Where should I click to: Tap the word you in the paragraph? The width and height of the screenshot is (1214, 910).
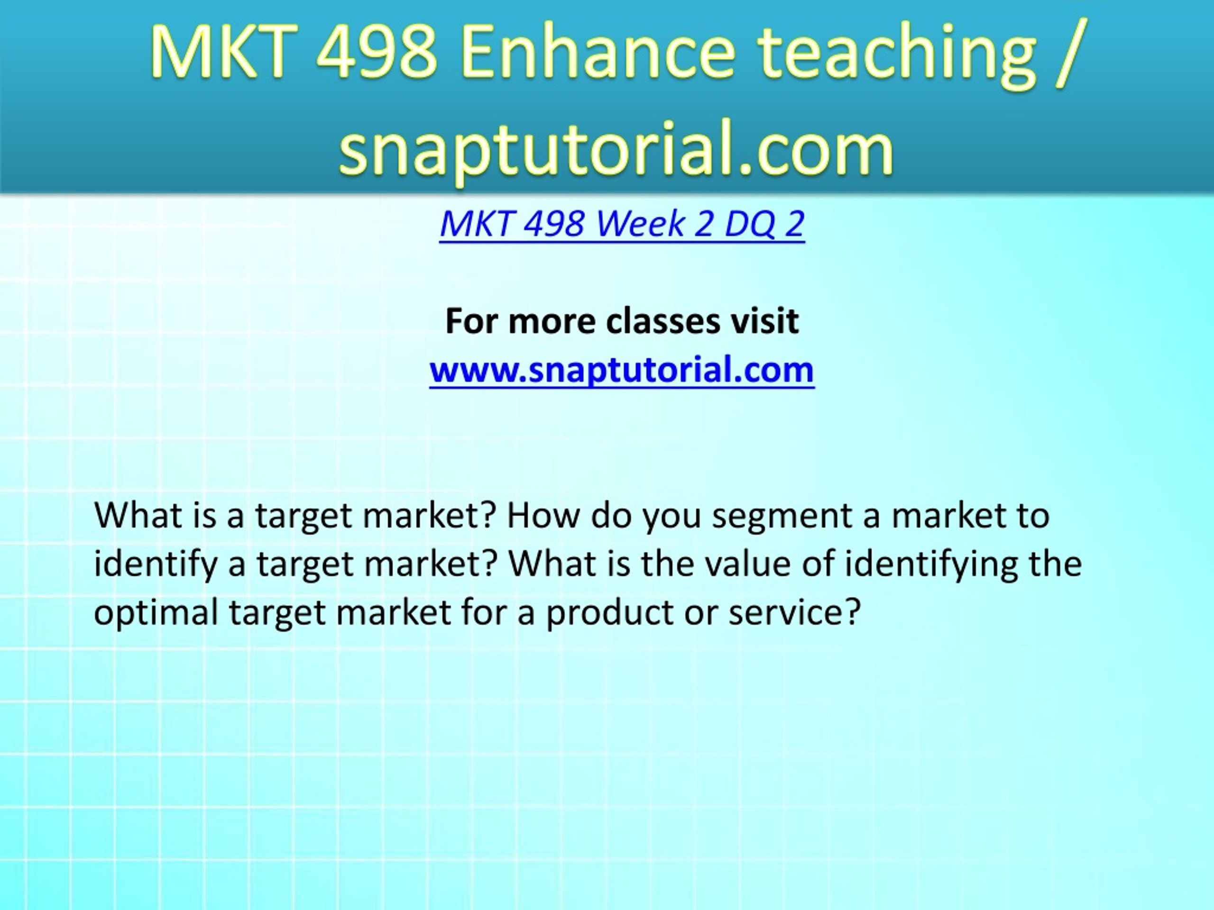point(672,519)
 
